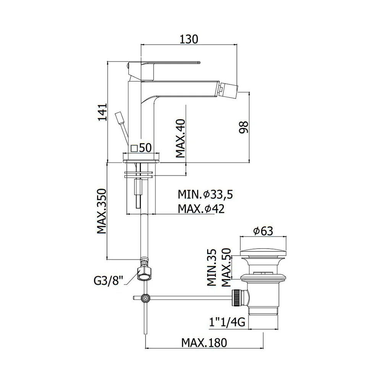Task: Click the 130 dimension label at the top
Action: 189,39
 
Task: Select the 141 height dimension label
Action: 102,112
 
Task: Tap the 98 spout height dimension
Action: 243,127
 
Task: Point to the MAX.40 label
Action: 181,138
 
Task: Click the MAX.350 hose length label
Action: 102,211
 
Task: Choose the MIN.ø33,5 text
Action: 206,194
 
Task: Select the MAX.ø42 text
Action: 201,209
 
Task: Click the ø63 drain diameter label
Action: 263,231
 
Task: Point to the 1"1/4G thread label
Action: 227,322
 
